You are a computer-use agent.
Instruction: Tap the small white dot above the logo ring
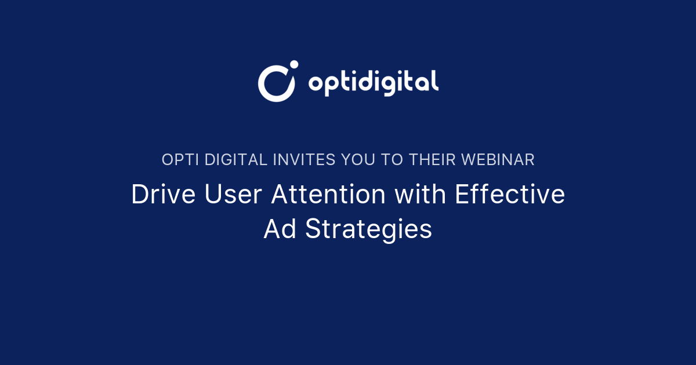(x=293, y=64)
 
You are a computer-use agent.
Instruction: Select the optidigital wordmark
(x=373, y=82)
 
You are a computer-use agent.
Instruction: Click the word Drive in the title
(x=164, y=195)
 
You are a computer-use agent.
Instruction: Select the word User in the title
(x=234, y=195)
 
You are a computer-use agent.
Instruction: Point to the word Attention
(x=329, y=195)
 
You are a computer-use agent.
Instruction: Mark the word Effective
(x=510, y=195)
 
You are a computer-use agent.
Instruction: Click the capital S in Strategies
(x=313, y=229)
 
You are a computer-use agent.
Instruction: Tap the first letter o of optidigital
(x=316, y=85)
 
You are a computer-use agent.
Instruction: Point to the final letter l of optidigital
(x=436, y=81)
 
